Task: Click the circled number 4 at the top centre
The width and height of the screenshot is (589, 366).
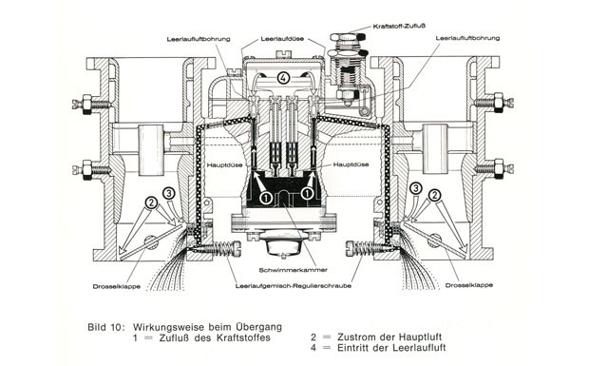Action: [x=283, y=78]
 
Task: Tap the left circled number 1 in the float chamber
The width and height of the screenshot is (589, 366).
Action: [x=266, y=198]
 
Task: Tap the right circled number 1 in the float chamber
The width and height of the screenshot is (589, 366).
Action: [x=307, y=193]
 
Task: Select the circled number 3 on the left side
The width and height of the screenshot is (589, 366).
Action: [x=169, y=194]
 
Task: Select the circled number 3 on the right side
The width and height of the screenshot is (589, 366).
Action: [x=415, y=188]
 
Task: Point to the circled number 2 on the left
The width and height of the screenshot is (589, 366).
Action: [x=151, y=202]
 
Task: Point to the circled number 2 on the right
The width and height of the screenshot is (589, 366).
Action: [x=434, y=195]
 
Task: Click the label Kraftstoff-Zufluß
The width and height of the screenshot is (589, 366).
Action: [x=399, y=27]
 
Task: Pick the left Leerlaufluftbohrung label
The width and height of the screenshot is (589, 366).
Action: [x=199, y=39]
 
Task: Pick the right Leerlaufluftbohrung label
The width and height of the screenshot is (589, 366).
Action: [x=467, y=38]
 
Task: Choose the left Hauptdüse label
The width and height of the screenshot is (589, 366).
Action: [x=224, y=165]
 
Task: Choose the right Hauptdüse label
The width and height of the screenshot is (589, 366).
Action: [x=351, y=164]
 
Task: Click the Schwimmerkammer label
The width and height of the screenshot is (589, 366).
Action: [x=294, y=270]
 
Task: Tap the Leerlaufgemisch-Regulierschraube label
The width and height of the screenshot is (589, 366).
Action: [x=294, y=286]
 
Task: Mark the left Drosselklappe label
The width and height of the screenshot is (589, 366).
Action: [x=117, y=287]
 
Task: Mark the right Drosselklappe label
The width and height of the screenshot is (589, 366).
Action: [x=469, y=285]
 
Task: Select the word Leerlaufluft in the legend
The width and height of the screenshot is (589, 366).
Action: [x=419, y=348]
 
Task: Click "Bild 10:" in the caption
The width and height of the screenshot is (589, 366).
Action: [x=106, y=327]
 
